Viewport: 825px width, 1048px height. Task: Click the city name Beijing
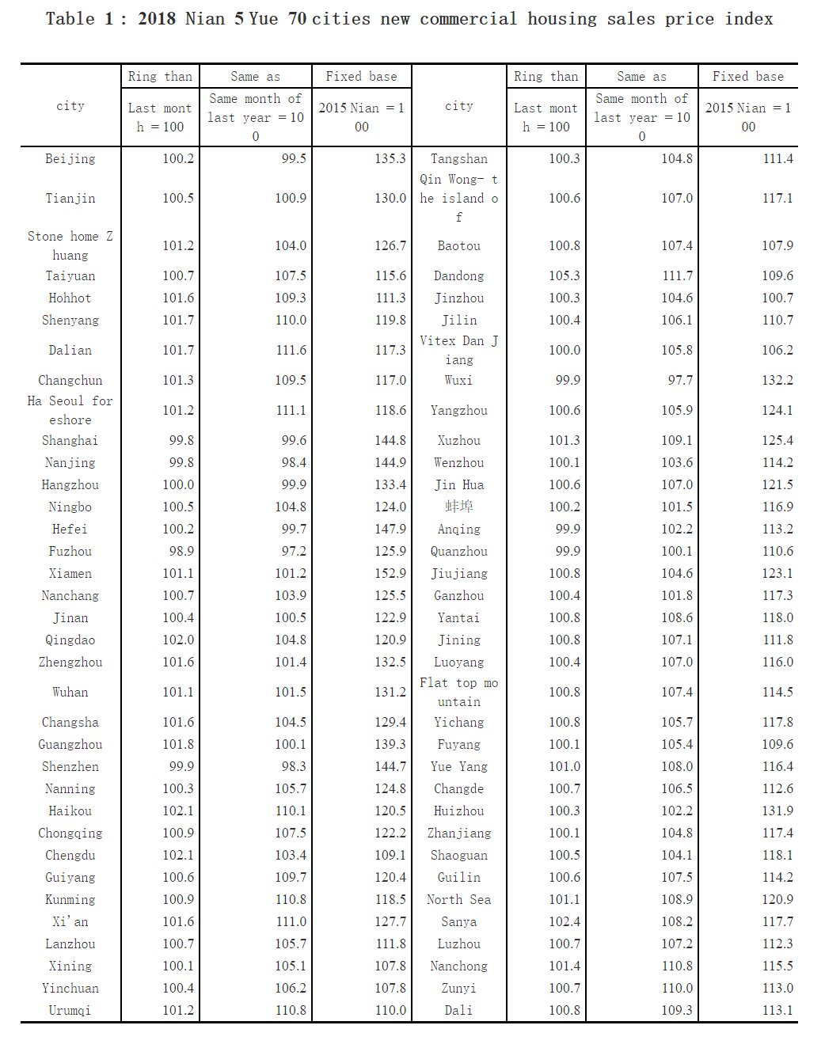[70, 158]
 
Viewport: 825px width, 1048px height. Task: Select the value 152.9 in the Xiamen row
[390, 573]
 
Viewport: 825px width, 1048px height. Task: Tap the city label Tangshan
[458, 158]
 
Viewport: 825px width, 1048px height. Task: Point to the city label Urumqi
[70, 1010]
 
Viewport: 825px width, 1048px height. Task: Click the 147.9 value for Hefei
[390, 529]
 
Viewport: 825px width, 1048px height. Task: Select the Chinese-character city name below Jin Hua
[458, 507]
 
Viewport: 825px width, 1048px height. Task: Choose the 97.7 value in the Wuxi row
[679, 380]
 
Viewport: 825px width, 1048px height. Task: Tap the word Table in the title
[70, 19]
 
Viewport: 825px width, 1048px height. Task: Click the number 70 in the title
[297, 19]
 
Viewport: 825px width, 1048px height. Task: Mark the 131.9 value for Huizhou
[777, 811]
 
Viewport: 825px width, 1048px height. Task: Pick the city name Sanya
[458, 921]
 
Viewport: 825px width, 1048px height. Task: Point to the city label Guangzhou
[70, 744]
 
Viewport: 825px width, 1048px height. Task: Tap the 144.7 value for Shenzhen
[390, 766]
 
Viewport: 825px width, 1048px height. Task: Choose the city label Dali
[458, 1010]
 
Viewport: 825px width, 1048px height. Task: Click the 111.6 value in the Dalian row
[291, 350]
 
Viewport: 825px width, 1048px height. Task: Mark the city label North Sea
[458, 899]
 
